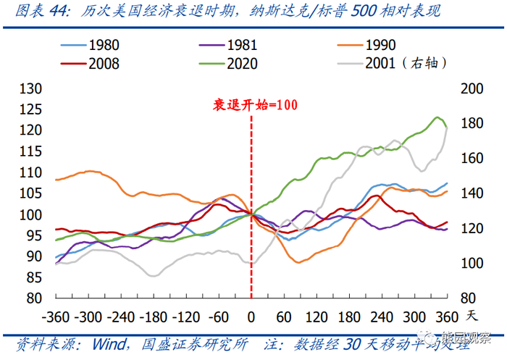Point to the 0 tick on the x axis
pyautogui.click(x=251, y=317)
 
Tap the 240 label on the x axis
pyautogui.click(x=380, y=317)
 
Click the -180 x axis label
pyautogui.click(x=153, y=317)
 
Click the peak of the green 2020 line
pyautogui.click(x=437, y=117)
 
